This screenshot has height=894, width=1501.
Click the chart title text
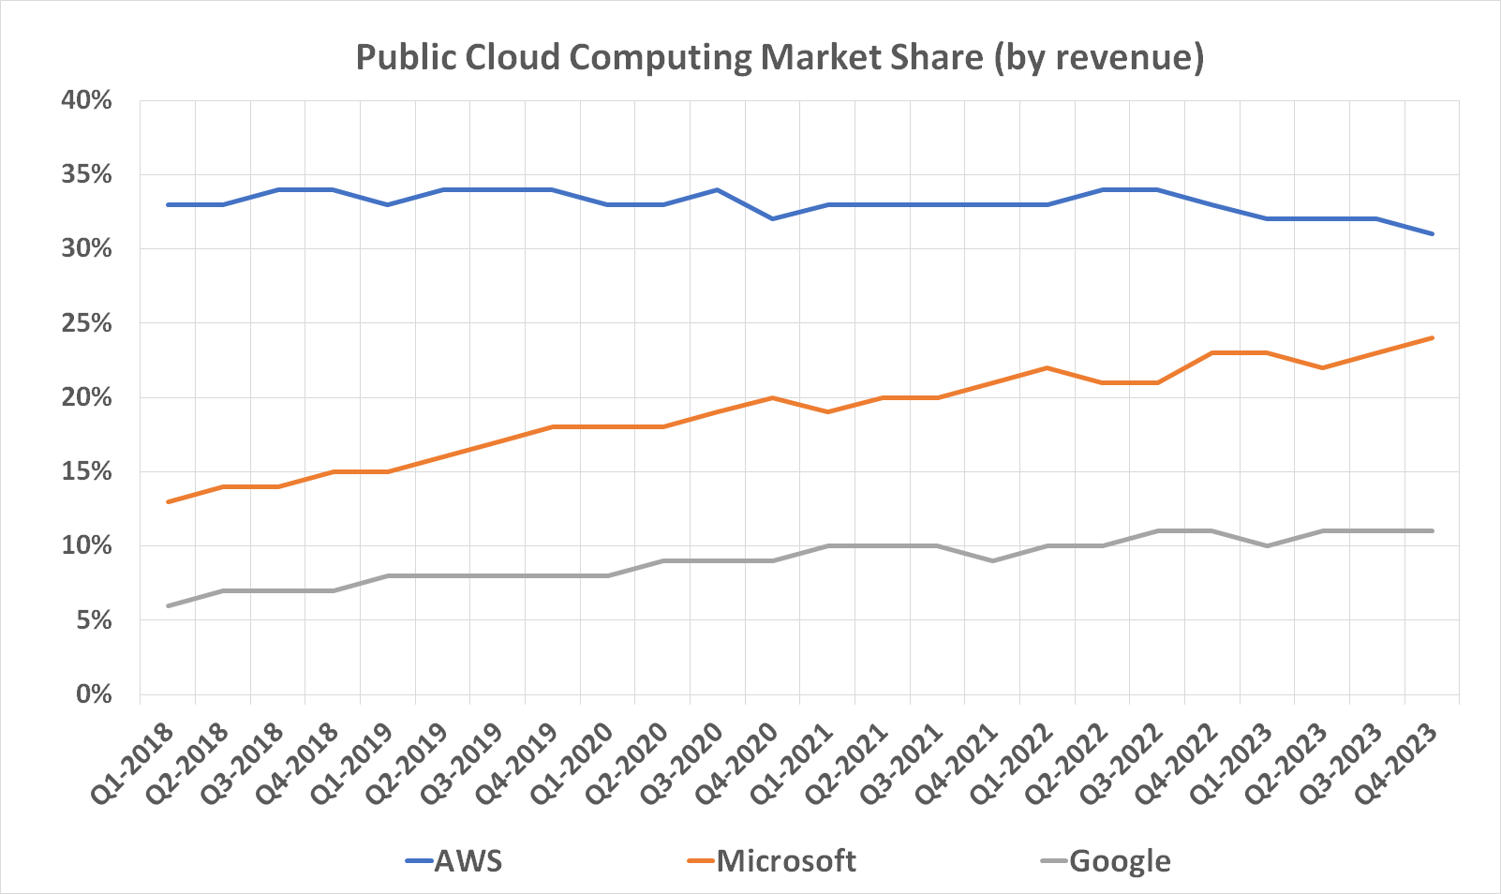point(780,58)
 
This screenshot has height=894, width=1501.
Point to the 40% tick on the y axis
point(86,100)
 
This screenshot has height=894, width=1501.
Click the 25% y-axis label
point(86,323)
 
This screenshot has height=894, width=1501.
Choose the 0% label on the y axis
point(92,694)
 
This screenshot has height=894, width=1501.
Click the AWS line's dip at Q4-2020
point(772,218)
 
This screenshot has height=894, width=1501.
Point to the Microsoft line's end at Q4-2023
point(1432,338)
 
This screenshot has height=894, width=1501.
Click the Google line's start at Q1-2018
point(168,605)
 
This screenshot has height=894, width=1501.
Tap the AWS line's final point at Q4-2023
point(1432,233)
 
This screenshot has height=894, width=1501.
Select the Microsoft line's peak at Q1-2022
point(1047,367)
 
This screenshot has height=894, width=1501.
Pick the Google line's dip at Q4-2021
point(992,560)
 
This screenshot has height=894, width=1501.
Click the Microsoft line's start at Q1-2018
point(168,501)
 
